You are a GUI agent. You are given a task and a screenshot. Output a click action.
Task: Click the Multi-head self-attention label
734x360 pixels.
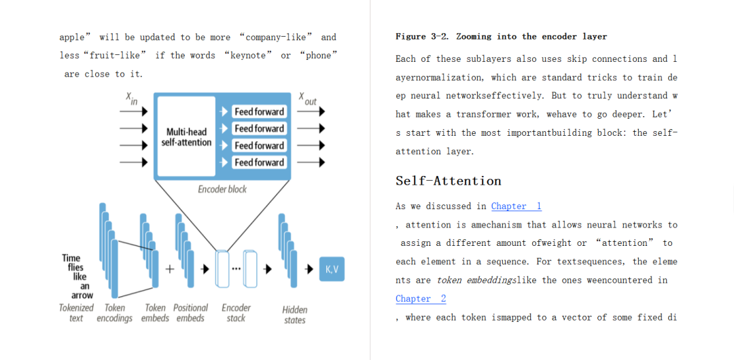point(186,137)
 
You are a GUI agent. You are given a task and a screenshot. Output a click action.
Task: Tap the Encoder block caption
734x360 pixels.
point(222,190)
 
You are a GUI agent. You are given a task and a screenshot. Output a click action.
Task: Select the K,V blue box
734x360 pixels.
point(332,270)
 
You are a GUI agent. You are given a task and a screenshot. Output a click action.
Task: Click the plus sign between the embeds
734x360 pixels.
point(169,269)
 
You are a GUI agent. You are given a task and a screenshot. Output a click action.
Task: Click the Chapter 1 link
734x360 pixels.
point(516,206)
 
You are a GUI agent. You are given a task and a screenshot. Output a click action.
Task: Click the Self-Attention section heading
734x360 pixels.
point(449,181)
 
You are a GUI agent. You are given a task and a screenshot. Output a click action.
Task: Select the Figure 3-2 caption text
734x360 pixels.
point(501,37)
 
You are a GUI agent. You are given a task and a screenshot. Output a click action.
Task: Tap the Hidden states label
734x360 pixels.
point(295,314)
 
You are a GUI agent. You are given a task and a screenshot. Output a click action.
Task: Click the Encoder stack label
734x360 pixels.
point(237,312)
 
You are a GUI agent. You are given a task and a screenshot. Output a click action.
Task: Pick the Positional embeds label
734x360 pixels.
point(190,312)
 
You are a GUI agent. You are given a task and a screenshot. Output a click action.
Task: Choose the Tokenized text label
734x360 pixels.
point(76,312)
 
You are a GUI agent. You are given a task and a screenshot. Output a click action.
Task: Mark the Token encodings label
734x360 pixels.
point(114,312)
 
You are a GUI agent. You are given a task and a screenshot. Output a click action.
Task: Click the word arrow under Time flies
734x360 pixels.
point(82,295)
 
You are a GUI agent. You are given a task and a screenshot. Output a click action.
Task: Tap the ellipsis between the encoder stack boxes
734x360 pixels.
point(236,269)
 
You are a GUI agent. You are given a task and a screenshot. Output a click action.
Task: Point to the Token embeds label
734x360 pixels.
point(155,312)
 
